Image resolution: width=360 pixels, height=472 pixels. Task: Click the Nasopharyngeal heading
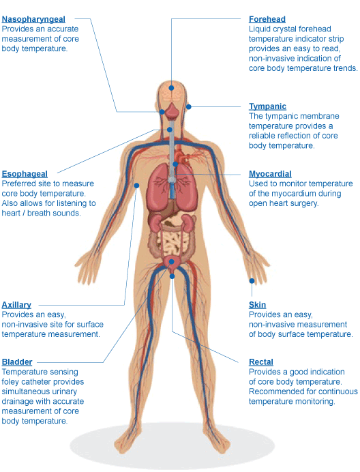[33, 19]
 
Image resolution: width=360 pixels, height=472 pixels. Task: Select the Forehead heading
[267, 19]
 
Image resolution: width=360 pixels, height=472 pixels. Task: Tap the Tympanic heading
[267, 106]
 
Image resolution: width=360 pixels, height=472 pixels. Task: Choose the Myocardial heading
[270, 174]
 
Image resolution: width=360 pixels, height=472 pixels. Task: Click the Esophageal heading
[25, 174]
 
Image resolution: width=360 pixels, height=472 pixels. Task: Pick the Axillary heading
[16, 305]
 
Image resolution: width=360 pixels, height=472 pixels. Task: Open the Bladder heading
[17, 362]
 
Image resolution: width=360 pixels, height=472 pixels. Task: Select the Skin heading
[257, 305]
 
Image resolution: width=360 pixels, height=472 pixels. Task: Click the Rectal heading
[261, 362]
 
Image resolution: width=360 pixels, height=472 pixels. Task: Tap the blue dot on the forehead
[171, 88]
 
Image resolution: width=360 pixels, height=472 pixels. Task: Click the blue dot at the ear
[189, 106]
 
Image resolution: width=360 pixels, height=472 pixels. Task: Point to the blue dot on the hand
[252, 281]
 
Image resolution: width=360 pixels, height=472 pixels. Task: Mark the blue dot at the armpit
[136, 186]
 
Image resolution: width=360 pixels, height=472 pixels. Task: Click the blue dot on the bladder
[172, 262]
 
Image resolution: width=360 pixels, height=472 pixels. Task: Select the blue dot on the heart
[175, 164]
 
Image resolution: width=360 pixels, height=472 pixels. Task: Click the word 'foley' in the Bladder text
[10, 382]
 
